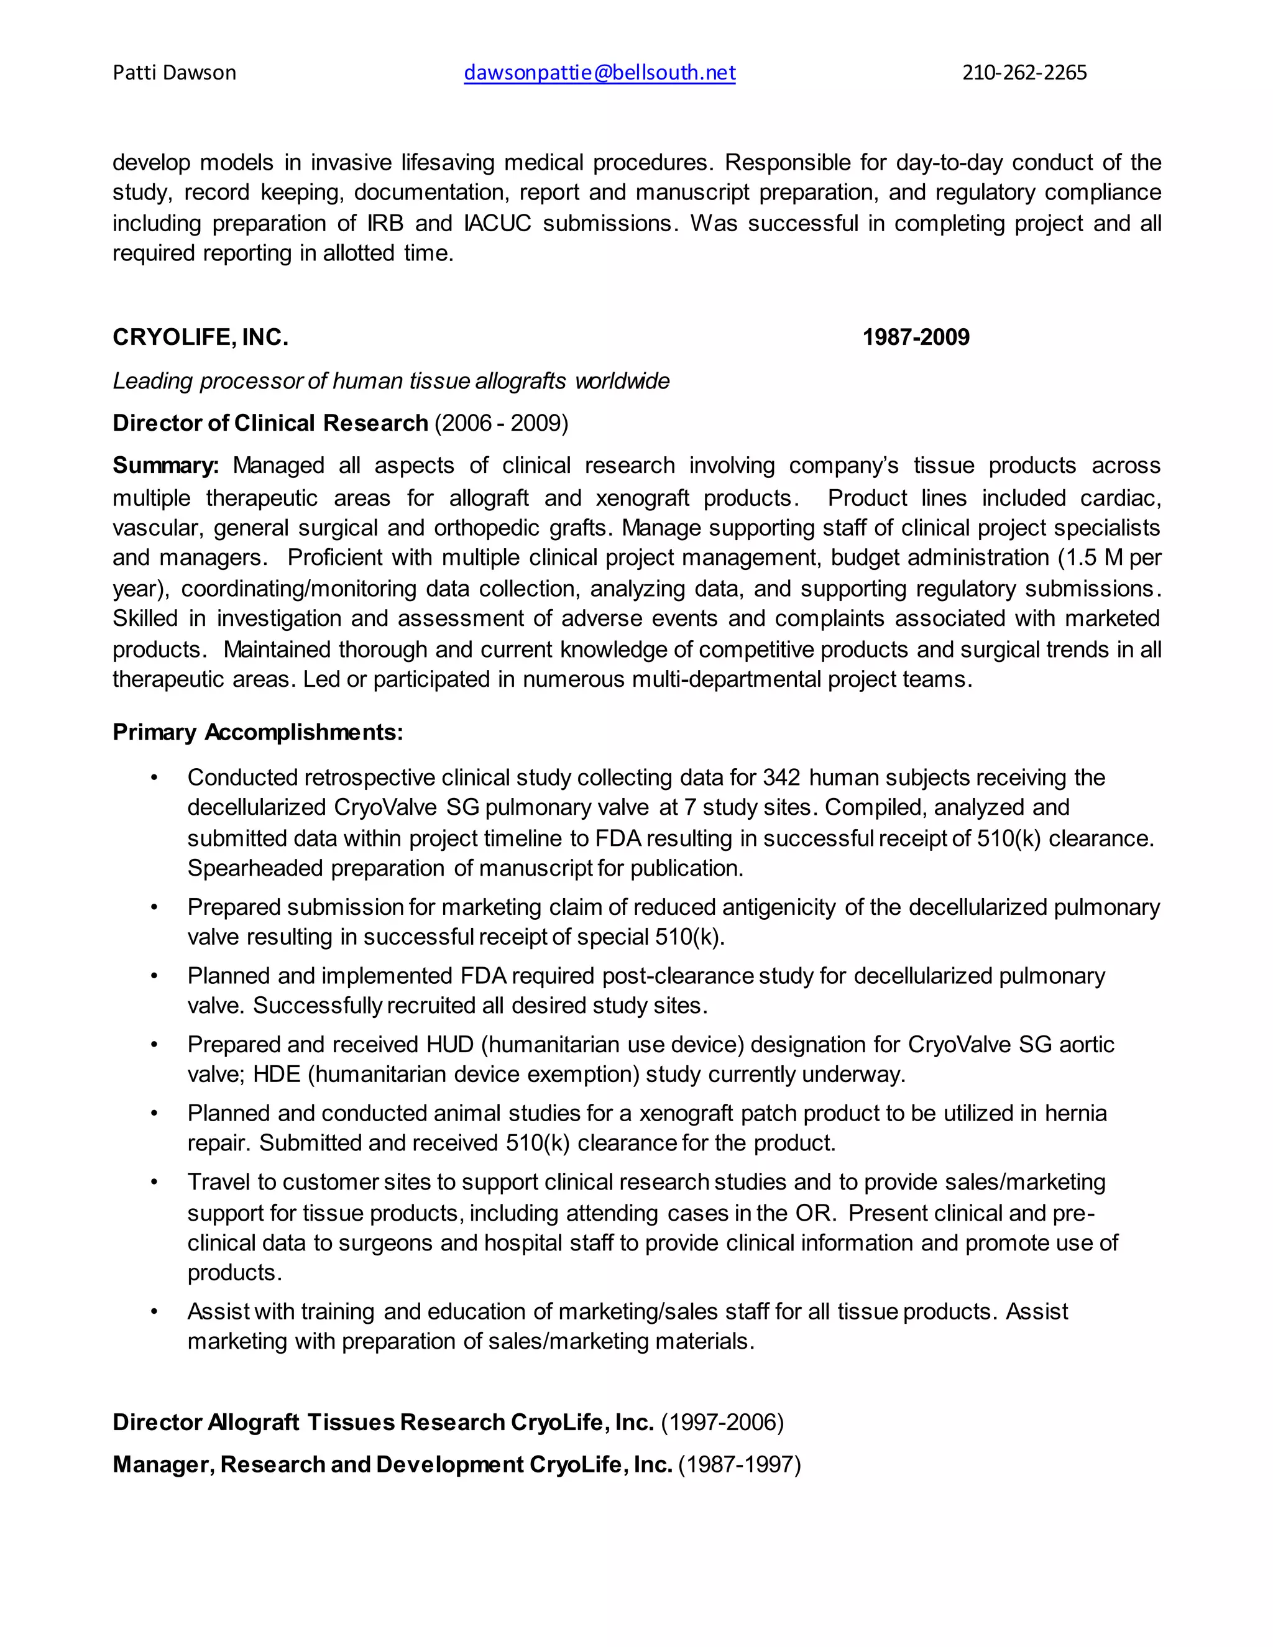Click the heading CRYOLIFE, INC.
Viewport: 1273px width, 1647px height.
(200, 337)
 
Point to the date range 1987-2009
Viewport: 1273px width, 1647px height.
(916, 337)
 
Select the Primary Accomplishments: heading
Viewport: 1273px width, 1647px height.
(258, 732)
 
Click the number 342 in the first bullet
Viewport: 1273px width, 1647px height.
(781, 778)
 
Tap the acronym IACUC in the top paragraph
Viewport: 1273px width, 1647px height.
(497, 223)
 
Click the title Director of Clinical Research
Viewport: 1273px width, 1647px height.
(270, 423)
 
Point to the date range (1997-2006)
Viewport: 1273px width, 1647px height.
(722, 1422)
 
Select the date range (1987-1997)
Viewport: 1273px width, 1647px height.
(739, 1464)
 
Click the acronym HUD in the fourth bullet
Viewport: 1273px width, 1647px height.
(449, 1045)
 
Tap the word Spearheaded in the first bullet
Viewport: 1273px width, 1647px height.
(255, 869)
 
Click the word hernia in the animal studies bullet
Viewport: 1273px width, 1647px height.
(1075, 1113)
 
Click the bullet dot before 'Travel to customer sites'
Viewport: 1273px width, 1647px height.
(155, 1183)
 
